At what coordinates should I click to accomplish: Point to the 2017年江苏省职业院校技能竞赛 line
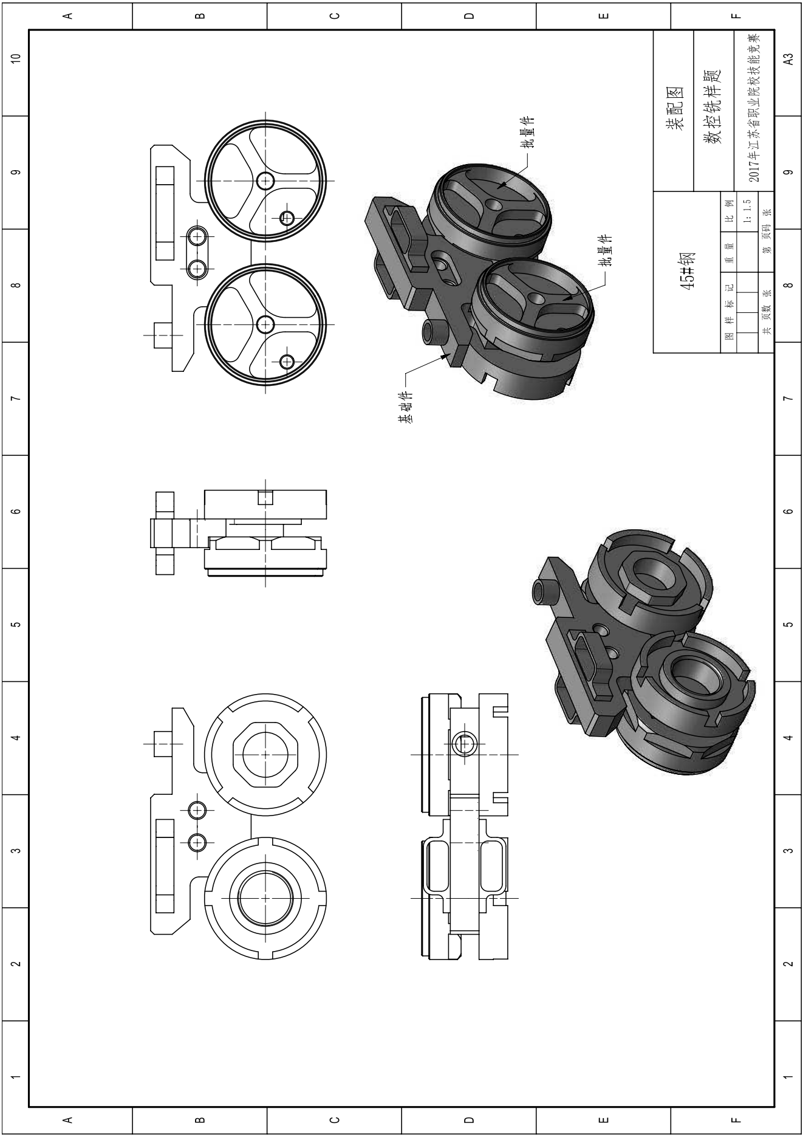pos(753,108)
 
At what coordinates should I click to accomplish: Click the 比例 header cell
pos(729,210)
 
